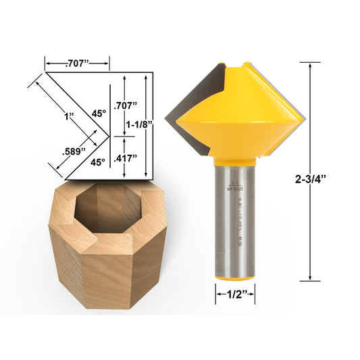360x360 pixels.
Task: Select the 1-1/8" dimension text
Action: tap(140, 124)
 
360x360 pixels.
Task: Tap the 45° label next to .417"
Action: tap(99, 162)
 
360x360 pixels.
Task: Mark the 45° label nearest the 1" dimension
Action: tap(99, 113)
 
